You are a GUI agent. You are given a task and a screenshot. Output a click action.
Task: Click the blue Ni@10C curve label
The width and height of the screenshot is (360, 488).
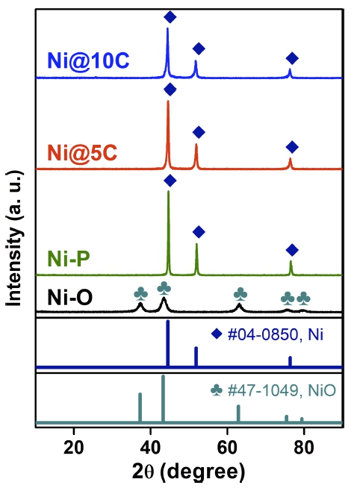pyautogui.click(x=88, y=60)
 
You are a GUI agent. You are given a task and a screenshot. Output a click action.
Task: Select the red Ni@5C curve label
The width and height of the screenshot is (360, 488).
pyautogui.click(x=82, y=153)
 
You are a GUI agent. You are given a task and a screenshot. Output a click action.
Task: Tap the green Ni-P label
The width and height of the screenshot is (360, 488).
pyautogui.click(x=69, y=258)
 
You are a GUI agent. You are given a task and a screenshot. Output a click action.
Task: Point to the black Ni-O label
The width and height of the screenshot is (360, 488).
pyautogui.click(x=69, y=297)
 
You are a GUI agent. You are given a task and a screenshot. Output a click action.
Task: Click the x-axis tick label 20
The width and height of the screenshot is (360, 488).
pyautogui.click(x=73, y=448)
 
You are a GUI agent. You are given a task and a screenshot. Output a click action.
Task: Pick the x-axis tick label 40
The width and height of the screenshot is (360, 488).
pyautogui.click(x=150, y=448)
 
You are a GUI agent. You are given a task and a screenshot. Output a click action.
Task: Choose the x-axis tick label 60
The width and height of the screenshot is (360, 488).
pyautogui.click(x=227, y=448)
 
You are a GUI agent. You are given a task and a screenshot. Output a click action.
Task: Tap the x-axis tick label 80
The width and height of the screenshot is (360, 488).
pyautogui.click(x=304, y=448)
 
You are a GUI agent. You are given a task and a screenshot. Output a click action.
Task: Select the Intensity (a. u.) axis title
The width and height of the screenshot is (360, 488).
pyautogui.click(x=14, y=238)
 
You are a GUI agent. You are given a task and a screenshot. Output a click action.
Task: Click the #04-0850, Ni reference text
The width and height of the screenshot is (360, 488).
pyautogui.click(x=276, y=334)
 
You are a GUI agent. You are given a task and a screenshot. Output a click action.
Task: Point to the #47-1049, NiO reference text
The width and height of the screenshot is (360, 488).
pyautogui.click(x=282, y=390)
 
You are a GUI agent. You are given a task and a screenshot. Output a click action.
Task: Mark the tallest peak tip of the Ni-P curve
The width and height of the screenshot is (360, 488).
pyautogui.click(x=169, y=191)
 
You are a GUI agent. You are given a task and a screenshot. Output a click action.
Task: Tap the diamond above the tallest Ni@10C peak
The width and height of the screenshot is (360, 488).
pyautogui.click(x=170, y=17)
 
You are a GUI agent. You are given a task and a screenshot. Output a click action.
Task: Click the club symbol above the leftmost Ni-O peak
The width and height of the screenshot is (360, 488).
pyautogui.click(x=140, y=294)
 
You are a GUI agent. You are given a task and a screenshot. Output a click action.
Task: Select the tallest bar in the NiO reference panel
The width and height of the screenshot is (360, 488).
pyautogui.click(x=163, y=398)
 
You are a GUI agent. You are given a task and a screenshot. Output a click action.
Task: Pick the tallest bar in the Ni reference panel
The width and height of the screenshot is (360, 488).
pyautogui.click(x=168, y=343)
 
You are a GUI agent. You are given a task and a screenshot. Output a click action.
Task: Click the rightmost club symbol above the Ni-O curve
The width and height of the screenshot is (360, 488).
pyautogui.click(x=303, y=298)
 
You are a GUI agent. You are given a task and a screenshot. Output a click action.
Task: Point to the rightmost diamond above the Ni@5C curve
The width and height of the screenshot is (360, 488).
pyautogui.click(x=292, y=146)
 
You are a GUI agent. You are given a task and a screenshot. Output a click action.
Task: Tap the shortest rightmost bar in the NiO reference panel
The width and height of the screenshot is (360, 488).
pyautogui.click(x=302, y=419)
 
